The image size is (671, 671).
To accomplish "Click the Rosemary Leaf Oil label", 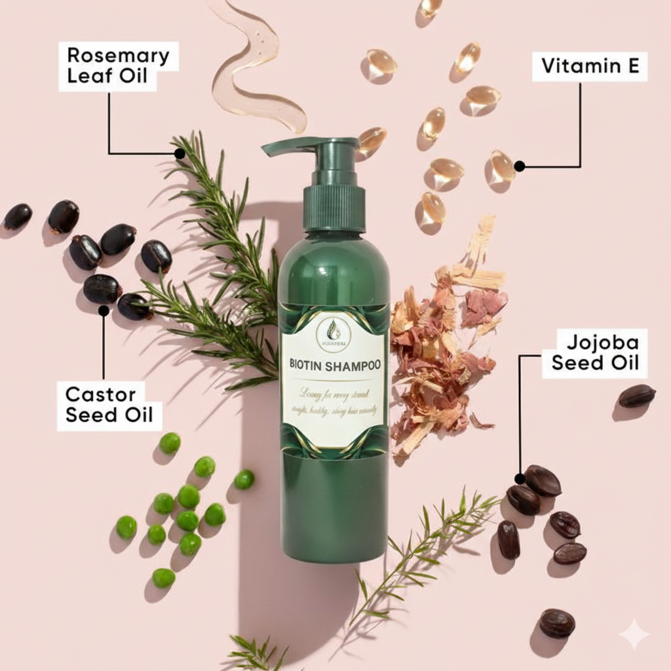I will tap(118, 66).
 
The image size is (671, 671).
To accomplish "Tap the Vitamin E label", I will tap(590, 66).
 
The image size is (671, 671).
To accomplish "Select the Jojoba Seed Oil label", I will tap(594, 353).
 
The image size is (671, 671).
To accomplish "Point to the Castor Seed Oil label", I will tap(109, 405).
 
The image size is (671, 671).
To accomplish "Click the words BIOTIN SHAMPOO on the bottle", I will tap(335, 365).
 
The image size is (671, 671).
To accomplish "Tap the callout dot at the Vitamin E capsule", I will tap(519, 166).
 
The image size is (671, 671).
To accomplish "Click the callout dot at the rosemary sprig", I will tap(180, 153).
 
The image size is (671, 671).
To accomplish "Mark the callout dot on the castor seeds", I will tap(104, 311).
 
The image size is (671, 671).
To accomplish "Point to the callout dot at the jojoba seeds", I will tap(520, 478).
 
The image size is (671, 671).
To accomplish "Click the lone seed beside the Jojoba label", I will tap(636, 395).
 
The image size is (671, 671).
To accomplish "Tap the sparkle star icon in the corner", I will tap(634, 634).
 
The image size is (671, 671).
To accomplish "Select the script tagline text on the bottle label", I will tap(334, 400).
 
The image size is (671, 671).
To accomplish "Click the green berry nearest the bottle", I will tap(244, 480).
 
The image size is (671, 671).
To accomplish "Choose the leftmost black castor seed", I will tap(18, 216).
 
